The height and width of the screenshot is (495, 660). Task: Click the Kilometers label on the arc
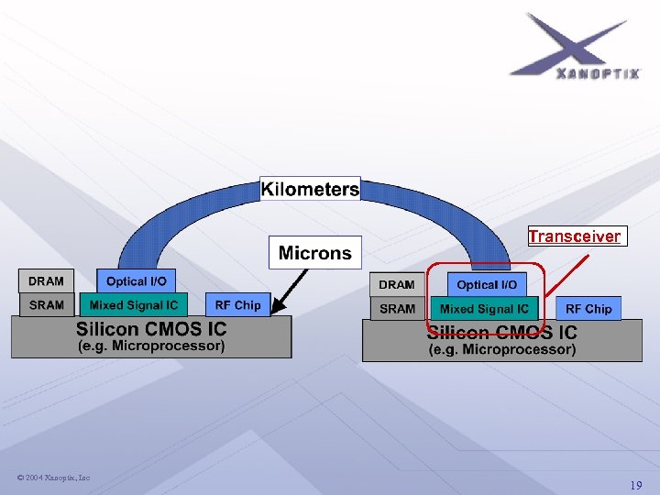point(310,190)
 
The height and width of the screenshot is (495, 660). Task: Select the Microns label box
point(314,252)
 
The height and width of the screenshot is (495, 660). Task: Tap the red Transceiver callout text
point(575,236)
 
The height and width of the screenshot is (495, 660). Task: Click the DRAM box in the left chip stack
point(46,281)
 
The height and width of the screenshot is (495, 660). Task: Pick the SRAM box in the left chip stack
point(46,305)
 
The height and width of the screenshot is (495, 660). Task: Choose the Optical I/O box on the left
point(137,281)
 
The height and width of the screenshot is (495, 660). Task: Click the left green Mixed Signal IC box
point(133,305)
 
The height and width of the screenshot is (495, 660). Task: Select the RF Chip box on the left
point(237,305)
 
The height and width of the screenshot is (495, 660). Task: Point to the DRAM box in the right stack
point(397,285)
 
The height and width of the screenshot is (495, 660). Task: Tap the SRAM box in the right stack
point(397,309)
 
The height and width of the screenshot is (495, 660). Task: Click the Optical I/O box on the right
point(487,285)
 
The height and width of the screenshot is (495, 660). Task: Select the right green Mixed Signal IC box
point(484,309)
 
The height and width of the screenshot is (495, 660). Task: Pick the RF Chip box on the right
point(588,309)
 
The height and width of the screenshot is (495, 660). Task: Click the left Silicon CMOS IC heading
point(151,328)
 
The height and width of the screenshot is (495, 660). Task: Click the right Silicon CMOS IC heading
point(502,332)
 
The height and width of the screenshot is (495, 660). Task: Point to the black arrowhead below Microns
point(279,309)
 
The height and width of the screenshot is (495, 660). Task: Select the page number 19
point(635,485)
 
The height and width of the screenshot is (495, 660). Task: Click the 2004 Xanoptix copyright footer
point(53,478)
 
